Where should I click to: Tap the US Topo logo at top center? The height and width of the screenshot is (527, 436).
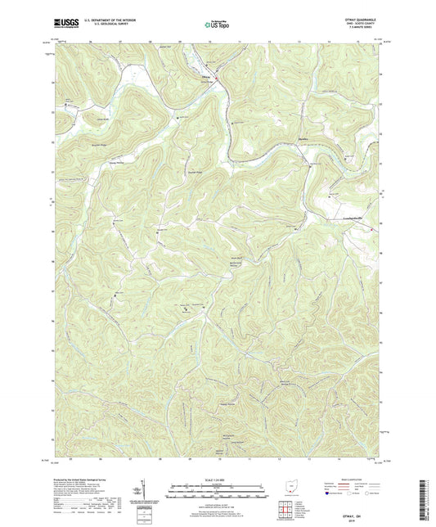tap(217, 25)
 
